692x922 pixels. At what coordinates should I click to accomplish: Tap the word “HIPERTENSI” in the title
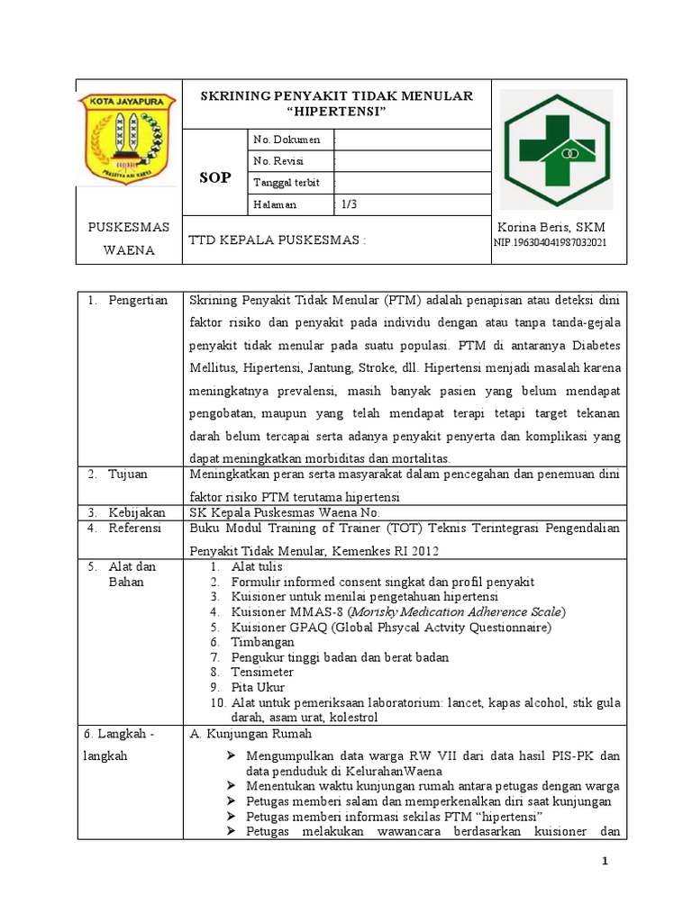coord(335,111)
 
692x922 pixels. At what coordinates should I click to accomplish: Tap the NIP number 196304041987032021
coord(550,244)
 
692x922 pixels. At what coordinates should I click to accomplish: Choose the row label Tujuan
coord(129,474)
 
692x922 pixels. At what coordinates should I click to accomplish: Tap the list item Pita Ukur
coord(258,688)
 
